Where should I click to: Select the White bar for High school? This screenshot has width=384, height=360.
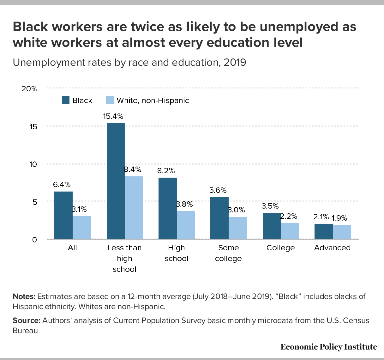186,225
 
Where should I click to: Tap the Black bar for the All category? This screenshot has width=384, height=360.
63,215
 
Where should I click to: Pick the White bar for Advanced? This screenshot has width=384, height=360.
342,232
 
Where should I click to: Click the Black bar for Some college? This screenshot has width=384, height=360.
219,218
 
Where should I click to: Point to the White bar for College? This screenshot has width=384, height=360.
290,231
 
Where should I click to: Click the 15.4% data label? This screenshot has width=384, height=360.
113,116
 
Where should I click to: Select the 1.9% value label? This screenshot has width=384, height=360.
339,218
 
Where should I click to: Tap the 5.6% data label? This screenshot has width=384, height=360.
218,190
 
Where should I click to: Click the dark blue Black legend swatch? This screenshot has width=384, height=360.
65,100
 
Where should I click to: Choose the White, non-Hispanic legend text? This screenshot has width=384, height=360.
153,101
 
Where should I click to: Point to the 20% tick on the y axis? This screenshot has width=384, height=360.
29,88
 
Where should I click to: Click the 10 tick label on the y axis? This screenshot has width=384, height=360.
33,164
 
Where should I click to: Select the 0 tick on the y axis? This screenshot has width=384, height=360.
35,240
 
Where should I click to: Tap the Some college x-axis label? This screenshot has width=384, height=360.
228,253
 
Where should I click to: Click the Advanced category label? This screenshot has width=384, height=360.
332,248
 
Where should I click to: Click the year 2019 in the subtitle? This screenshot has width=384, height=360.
235,62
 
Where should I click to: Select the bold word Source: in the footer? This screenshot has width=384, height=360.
27,320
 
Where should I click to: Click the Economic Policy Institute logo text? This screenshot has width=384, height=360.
328,347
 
